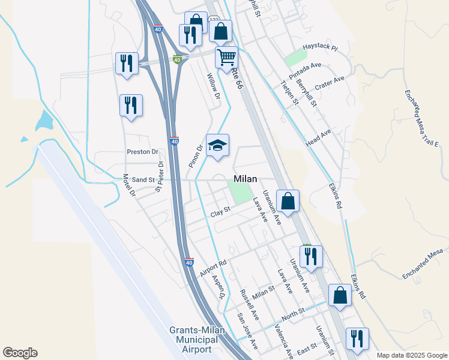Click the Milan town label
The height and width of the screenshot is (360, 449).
click(x=245, y=179)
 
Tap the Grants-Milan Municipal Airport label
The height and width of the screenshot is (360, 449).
click(x=190, y=340)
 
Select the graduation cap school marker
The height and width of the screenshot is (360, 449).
click(x=218, y=145)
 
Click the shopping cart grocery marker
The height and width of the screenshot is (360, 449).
click(x=226, y=58)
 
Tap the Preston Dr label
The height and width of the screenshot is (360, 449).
click(x=142, y=152)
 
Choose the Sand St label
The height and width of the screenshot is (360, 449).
click(x=143, y=179)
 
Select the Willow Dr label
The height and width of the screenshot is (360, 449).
click(x=214, y=86)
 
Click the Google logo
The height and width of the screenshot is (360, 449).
click(x=20, y=353)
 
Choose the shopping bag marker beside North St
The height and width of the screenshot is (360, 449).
click(x=340, y=295)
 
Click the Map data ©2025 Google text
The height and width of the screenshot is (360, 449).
click(x=411, y=355)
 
